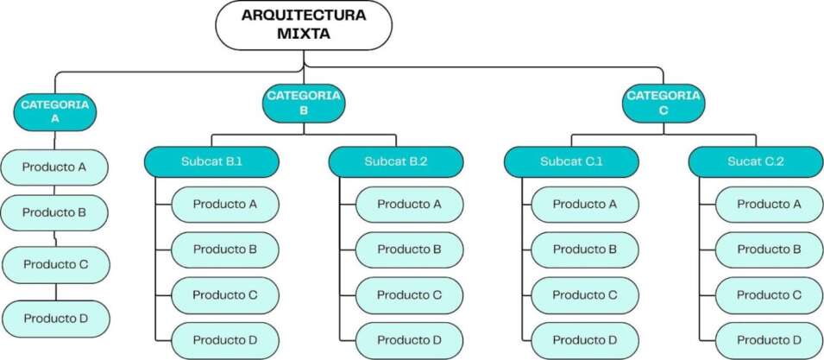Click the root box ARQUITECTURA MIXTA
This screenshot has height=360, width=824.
point(303,25)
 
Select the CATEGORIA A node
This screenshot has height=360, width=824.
point(54,111)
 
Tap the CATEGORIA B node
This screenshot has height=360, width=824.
point(303,103)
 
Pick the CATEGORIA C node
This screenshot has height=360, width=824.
point(663,103)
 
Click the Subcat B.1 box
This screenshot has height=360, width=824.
point(211,161)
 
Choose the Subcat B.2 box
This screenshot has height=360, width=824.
point(396,161)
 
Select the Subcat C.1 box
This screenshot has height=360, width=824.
point(571,161)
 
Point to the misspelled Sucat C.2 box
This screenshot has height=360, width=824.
point(756,161)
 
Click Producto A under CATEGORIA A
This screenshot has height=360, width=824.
point(54,167)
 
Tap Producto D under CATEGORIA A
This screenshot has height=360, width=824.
point(55,319)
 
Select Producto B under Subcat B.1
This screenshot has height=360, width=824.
point(224,249)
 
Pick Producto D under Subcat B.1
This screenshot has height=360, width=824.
point(224,340)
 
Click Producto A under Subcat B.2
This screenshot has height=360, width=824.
point(409,205)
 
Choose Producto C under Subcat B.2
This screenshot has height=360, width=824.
point(409,295)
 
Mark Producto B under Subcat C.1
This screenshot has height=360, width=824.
point(584,249)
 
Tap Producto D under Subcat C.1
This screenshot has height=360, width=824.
point(584,340)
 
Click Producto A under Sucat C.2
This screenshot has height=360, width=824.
point(769,205)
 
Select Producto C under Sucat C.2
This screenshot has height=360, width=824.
point(769,295)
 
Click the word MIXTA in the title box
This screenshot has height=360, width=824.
point(303,35)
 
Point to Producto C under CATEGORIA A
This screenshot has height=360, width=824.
point(55,264)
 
